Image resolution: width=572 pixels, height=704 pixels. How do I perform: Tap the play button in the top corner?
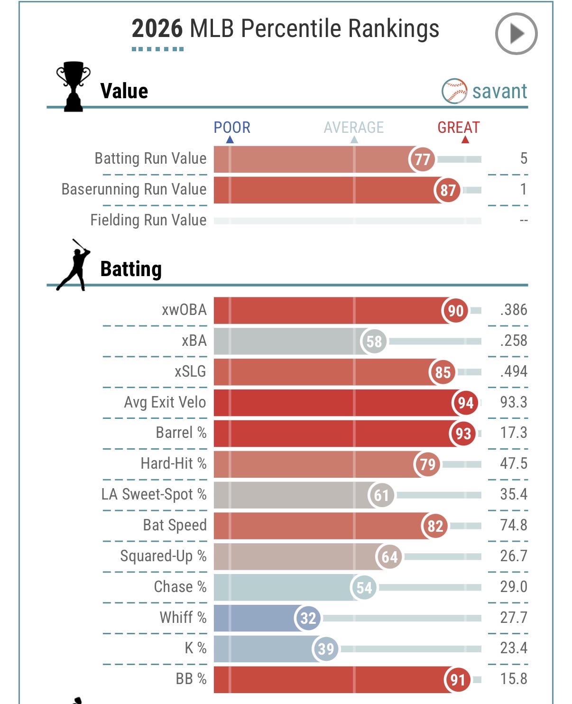[516, 33]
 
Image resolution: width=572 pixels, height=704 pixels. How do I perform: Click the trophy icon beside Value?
[73, 86]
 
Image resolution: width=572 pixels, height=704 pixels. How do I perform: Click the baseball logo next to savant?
[454, 91]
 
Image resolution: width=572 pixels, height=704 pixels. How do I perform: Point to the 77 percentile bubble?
[422, 159]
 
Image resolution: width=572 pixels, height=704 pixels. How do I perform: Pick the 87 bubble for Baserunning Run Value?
[447, 190]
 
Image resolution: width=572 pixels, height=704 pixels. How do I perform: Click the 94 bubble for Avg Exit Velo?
[465, 403]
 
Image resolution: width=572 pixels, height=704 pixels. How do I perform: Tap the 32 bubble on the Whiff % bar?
[308, 618]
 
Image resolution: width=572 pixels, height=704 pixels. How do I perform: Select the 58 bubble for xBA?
[374, 341]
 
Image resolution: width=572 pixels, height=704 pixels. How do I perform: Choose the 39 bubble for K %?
[325, 648]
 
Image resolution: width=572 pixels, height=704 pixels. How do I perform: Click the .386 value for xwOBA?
[514, 310]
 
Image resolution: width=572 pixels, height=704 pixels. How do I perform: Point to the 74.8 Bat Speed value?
[514, 525]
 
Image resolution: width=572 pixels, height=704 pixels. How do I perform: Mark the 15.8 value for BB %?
[514, 679]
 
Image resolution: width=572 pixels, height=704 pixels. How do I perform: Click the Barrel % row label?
[181, 433]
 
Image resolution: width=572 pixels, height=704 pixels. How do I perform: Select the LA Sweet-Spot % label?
[154, 494]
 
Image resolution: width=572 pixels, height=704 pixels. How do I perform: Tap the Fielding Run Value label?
[148, 220]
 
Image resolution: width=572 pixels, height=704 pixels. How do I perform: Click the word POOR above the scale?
[232, 128]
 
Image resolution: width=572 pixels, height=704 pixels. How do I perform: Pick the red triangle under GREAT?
[465, 139]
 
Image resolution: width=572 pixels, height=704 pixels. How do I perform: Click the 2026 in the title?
[157, 28]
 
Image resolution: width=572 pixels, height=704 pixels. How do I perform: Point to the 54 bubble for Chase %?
[364, 587]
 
